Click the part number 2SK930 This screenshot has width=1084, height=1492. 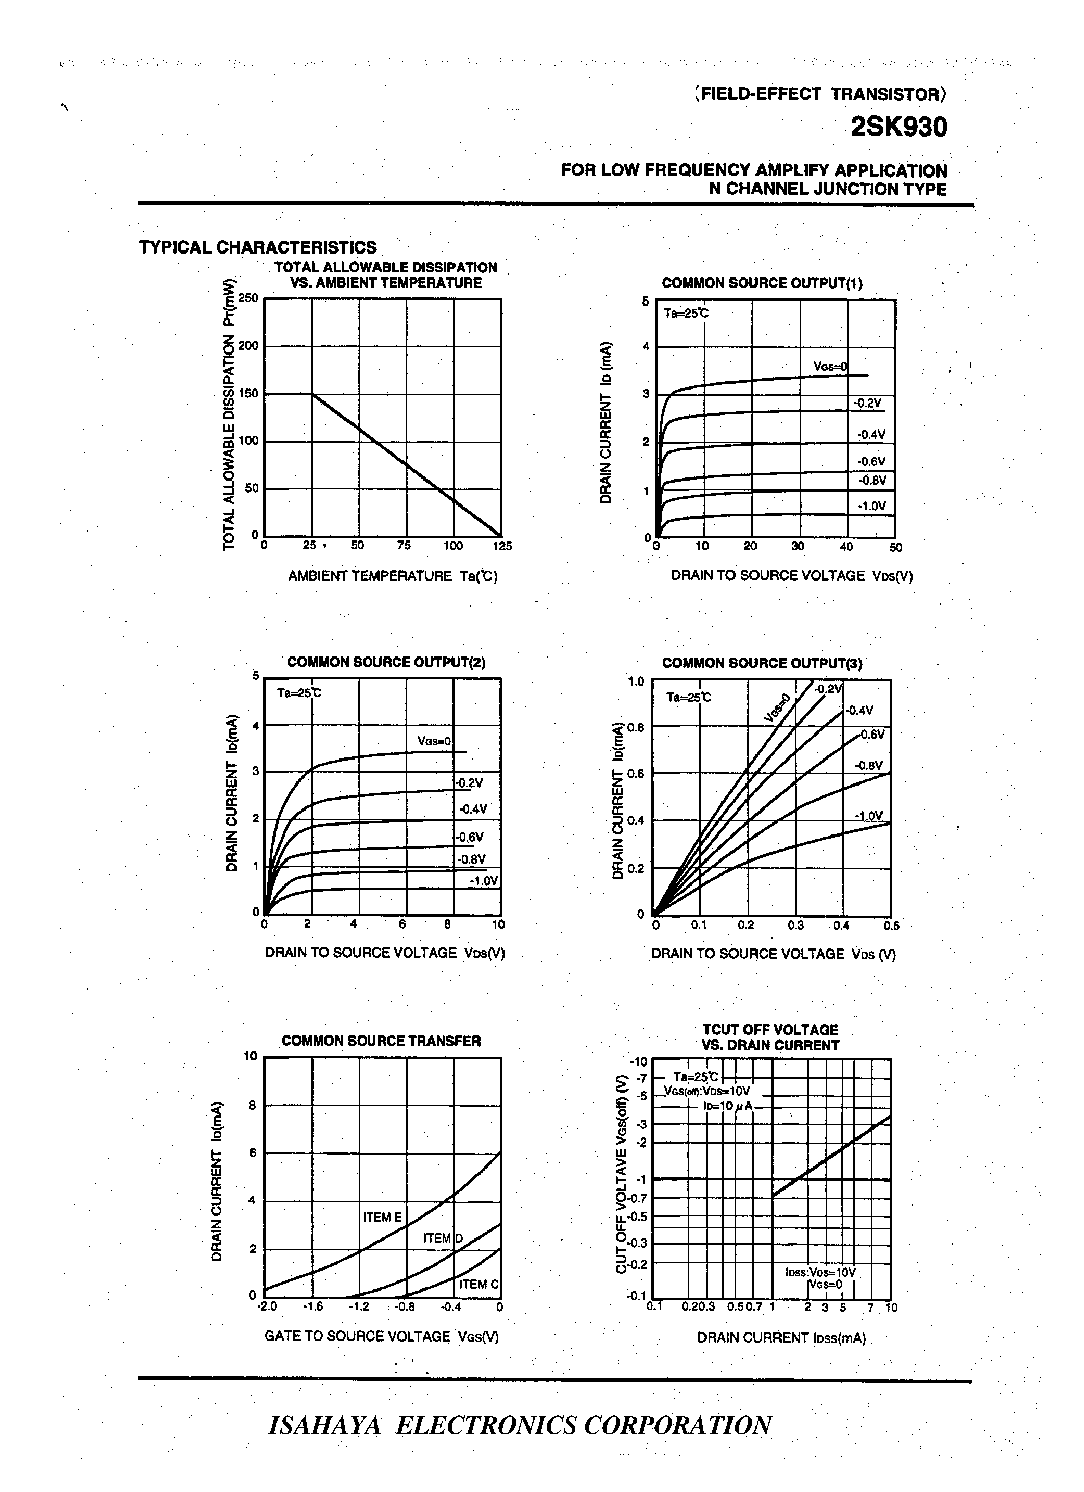898,127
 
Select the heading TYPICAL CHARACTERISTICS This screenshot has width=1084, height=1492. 258,247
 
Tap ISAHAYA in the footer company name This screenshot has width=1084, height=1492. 325,1425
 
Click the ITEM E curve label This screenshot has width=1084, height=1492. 382,1217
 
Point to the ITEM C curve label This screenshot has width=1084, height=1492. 479,1284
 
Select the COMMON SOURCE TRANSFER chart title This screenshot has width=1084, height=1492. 381,1041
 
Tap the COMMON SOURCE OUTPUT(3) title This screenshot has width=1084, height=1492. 762,663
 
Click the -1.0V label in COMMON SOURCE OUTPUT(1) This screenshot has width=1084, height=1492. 872,506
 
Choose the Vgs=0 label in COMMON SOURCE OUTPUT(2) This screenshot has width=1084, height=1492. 434,741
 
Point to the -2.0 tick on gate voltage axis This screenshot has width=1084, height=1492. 267,1306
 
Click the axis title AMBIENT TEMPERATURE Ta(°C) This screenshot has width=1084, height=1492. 393,576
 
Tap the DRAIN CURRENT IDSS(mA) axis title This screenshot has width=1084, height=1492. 782,1337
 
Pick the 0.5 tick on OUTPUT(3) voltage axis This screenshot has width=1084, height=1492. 891,926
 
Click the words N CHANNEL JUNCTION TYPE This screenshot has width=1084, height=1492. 827,189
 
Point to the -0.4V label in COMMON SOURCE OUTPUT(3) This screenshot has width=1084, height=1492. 859,711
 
